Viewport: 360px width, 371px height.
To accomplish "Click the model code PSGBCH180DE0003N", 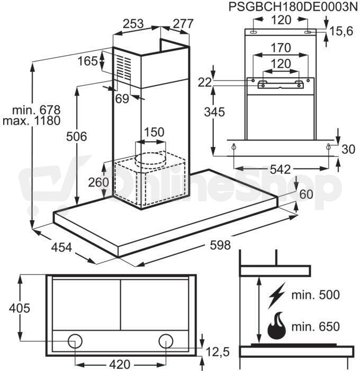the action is coord(293,7).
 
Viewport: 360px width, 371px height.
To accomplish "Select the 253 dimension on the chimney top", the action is coord(133,24).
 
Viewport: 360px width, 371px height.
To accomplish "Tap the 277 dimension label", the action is coord(183,24).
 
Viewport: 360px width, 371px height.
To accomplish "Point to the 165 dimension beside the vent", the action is coord(87,61).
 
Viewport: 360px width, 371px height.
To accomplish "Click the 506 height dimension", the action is coord(77,137).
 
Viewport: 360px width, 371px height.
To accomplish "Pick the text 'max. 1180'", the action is coord(31,121).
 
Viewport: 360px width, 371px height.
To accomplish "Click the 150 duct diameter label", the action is coord(154,132).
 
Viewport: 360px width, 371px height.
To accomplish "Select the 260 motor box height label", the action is coord(98,182).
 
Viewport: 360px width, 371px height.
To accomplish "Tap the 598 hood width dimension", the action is coord(220,245).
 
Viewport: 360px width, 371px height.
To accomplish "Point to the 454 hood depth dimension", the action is coord(61,248).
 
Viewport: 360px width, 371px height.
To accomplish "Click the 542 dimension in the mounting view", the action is coord(281,169).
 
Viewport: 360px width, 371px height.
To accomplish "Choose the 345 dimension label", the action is coord(214,112).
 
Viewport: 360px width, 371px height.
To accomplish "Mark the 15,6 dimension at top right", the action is coord(341,31).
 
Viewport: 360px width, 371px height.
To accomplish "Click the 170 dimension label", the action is coord(281,48).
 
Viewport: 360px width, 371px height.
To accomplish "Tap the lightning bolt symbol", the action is coord(276,295).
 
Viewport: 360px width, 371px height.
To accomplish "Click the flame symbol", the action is coord(276,326).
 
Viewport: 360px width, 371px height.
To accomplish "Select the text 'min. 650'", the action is coord(316,326).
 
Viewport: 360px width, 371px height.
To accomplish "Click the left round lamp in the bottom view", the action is coord(75,341).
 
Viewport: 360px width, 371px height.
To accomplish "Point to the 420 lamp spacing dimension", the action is coord(120,364).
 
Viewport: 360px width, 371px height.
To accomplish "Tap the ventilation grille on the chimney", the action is coord(124,68).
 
